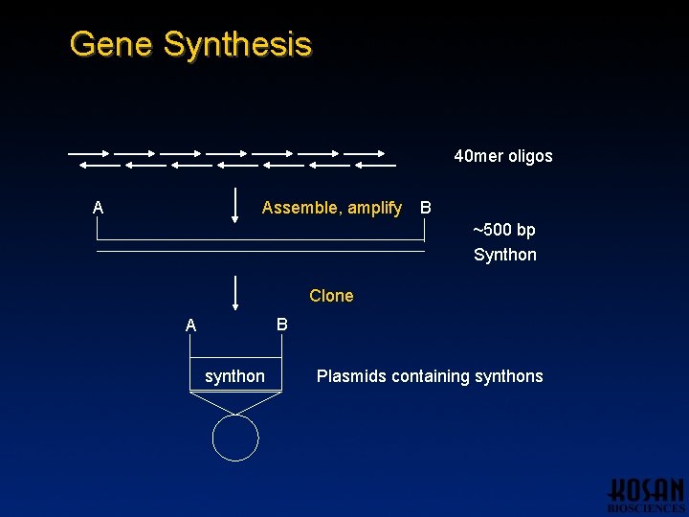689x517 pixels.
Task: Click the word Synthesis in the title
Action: click(237, 45)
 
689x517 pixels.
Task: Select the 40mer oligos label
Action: click(502, 156)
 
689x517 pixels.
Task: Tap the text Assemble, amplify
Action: click(331, 208)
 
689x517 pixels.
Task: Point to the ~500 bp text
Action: click(503, 230)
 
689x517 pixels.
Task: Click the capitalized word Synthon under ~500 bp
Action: click(504, 255)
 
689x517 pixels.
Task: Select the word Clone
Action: click(331, 296)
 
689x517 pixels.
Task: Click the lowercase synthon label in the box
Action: click(234, 376)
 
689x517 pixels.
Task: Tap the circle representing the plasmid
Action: click(235, 438)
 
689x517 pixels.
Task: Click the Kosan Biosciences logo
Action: click(646, 494)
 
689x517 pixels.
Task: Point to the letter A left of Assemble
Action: click(98, 208)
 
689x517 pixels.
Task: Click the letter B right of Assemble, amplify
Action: click(426, 208)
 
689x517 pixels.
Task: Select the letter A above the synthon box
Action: click(190, 326)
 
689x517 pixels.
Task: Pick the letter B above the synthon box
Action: click(281, 325)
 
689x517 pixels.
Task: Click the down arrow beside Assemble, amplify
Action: click(235, 206)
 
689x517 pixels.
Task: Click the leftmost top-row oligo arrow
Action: click(87, 152)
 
